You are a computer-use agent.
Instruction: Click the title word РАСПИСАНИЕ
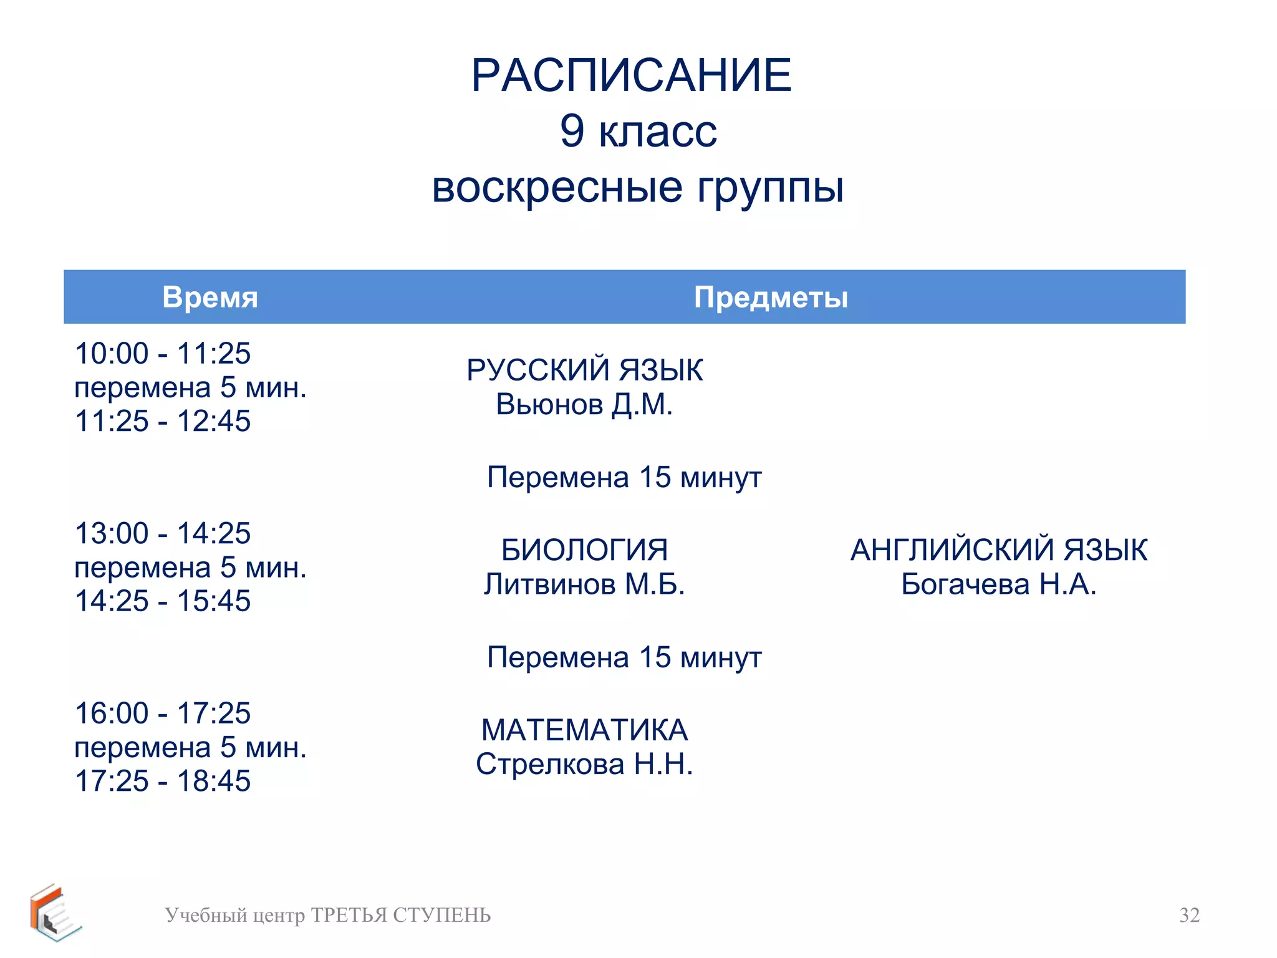631,75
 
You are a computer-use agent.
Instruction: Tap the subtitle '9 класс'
638,131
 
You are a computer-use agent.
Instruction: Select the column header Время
210,297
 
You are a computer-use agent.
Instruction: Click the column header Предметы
771,297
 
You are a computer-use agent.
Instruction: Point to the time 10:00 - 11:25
163,354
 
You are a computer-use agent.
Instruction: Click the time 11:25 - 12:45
163,421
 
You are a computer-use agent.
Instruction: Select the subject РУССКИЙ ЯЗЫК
584,370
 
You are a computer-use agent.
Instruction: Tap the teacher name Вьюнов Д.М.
584,404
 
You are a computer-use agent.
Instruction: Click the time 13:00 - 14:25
163,533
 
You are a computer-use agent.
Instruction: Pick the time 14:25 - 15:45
163,601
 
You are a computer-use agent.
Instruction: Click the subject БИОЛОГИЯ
584,550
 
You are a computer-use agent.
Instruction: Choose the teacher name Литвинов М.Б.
584,584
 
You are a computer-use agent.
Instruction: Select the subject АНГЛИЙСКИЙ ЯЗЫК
998,550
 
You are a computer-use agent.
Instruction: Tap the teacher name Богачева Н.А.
998,584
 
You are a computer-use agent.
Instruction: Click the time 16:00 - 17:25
163,713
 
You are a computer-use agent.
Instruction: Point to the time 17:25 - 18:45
163,781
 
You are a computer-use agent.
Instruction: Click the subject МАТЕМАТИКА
584,730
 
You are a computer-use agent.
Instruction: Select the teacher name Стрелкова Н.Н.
584,764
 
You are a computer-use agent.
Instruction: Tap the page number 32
1189,915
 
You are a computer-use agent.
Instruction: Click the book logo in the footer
55,913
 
